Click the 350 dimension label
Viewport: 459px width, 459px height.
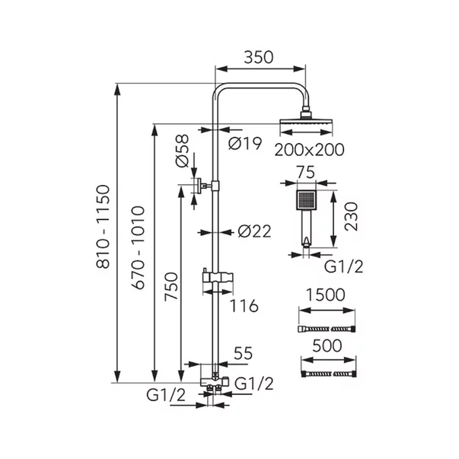click(x=260, y=58)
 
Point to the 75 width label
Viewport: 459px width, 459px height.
click(x=306, y=173)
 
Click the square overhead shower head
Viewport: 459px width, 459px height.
click(x=306, y=123)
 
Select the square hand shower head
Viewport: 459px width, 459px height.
click(x=306, y=202)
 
